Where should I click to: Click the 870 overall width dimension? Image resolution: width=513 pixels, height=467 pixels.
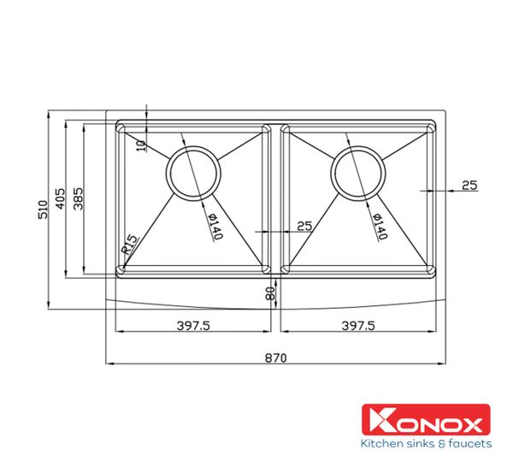point(274,356)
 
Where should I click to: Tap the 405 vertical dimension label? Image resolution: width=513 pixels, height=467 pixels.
point(61,199)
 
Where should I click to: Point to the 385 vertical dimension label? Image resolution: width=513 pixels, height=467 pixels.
point(78,199)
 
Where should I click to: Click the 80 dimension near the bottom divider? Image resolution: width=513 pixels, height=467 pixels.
point(271,295)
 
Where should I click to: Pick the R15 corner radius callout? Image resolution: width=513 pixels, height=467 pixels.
point(130,245)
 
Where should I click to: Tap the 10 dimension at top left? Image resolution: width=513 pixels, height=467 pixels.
point(142,143)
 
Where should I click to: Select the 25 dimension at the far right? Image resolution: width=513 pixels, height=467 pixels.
point(469,185)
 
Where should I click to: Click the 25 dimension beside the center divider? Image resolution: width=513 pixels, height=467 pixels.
point(304,226)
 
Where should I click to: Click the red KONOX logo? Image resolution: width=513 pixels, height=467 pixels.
point(427,420)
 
